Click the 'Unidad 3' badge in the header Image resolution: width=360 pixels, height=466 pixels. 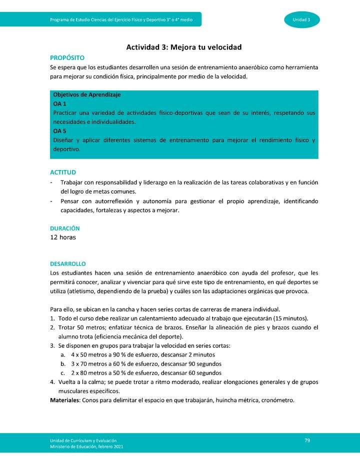click(301, 19)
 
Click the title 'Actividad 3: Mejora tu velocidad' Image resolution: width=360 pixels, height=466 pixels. click(183, 47)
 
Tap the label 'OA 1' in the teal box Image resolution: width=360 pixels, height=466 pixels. click(60, 103)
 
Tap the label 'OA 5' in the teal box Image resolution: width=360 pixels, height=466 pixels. click(60, 131)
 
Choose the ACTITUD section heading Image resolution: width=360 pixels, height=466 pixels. click(63, 172)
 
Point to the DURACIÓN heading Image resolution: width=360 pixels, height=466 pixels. click(65, 228)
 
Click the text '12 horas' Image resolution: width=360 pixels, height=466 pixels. click(63, 237)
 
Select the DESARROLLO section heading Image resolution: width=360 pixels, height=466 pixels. click(68, 263)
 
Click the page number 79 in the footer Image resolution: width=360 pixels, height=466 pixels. click(307, 439)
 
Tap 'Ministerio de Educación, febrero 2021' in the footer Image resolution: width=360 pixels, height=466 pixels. click(86, 446)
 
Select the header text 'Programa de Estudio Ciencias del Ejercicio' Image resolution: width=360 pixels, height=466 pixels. click(100, 19)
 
